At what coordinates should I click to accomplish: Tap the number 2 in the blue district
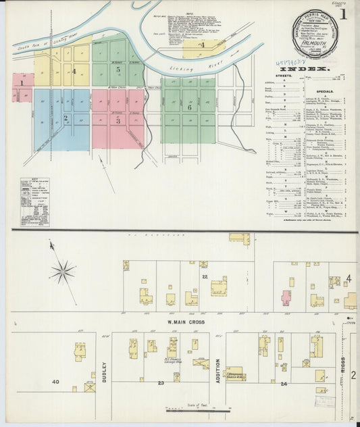(x=66, y=118)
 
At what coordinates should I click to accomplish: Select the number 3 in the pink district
(x=118, y=121)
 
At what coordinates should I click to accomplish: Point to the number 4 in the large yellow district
(x=74, y=70)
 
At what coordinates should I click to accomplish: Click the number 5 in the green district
(x=118, y=69)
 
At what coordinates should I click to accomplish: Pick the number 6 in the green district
(x=190, y=107)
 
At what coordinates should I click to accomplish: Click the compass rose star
(x=63, y=272)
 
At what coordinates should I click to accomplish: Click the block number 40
(x=55, y=382)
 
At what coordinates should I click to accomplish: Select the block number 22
(x=204, y=276)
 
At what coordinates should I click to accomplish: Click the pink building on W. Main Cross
(x=286, y=297)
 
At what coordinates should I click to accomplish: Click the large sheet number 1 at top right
(x=344, y=14)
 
